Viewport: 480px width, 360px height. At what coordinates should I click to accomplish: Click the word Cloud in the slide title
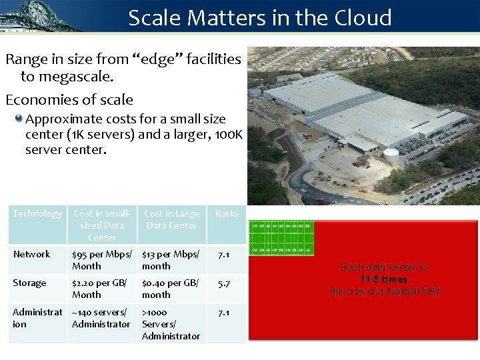tap(359, 17)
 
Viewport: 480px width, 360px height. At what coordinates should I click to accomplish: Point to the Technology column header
tap(37, 213)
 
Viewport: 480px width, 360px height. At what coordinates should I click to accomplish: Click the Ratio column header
tap(226, 213)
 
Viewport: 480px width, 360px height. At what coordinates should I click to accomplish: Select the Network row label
tap(31, 254)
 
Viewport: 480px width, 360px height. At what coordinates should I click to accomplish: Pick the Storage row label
tap(30, 283)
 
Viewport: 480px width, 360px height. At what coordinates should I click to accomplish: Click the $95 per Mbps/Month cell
tap(102, 260)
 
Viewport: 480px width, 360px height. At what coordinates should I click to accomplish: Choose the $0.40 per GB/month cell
tap(171, 289)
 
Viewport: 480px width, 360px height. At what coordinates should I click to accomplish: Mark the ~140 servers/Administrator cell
tap(101, 318)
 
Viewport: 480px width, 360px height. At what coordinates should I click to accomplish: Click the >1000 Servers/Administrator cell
tap(171, 324)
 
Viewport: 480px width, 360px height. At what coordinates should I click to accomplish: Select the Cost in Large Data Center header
tap(171, 219)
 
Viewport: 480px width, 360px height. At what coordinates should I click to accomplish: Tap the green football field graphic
tap(281, 238)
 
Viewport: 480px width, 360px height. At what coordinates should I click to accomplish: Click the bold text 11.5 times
tap(383, 279)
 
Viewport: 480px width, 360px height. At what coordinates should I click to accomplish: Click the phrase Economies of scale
tap(69, 100)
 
